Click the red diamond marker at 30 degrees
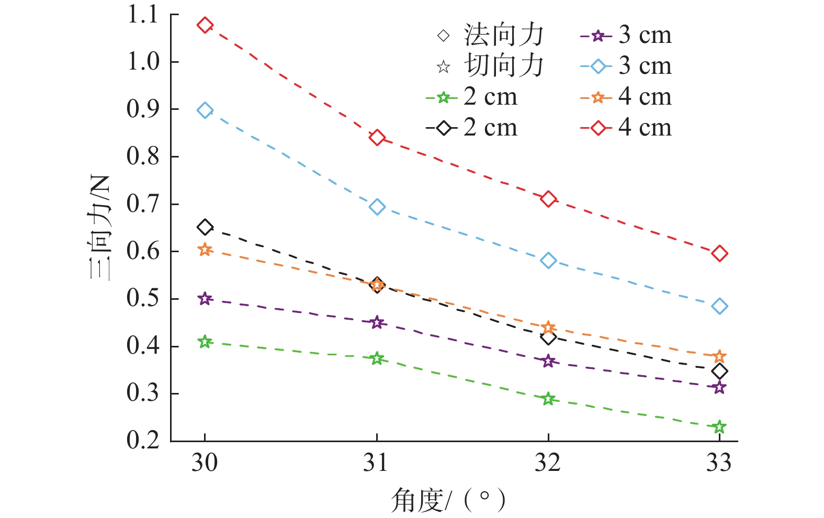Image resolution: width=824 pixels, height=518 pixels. tap(205, 25)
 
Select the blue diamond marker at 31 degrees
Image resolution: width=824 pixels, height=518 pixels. tap(377, 207)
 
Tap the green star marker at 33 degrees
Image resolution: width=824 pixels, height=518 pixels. tap(719, 427)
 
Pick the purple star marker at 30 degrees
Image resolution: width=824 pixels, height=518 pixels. tap(205, 299)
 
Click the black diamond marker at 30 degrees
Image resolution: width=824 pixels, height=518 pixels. tap(205, 227)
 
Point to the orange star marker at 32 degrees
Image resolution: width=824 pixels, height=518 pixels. tap(548, 328)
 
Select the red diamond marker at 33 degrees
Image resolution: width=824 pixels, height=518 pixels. tap(719, 254)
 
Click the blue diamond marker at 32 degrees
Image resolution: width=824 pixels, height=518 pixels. tap(548, 260)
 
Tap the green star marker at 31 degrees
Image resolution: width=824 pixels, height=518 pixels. tap(377, 358)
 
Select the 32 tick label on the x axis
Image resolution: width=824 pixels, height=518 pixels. tap(547, 463)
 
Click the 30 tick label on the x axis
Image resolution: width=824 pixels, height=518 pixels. tap(204, 463)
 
